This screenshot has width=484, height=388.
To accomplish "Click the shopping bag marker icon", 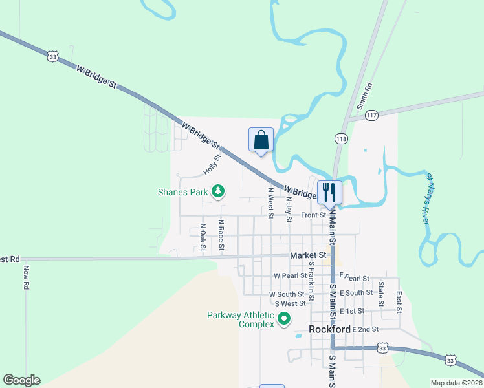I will pos(261,139).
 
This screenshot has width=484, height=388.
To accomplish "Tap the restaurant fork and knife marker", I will pos(329,192).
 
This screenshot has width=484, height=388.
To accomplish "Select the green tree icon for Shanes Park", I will pos(219,191).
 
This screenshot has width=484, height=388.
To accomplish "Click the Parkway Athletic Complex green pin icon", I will pos(283,319).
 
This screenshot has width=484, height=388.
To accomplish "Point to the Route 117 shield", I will pos(371,115).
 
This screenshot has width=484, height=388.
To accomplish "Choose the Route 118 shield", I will pos(341,138).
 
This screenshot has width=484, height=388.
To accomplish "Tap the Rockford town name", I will pos(329,329).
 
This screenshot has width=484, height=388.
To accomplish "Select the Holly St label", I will pos(212,164).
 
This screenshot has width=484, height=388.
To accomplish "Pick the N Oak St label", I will pos(203,237).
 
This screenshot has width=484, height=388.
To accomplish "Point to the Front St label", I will pos(313,215).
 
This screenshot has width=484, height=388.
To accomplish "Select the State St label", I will pos(381,294).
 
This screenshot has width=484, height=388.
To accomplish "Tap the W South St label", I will pos(287,294).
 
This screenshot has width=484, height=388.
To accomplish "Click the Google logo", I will pos(21,380).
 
